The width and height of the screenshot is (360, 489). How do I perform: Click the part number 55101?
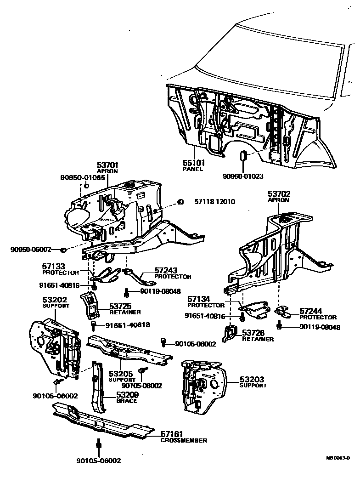[x=194, y=163]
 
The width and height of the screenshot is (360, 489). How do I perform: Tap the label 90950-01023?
[x=243, y=176]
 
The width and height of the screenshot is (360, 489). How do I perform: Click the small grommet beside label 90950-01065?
[x=86, y=186]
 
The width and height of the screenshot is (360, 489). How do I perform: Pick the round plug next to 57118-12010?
[x=181, y=201]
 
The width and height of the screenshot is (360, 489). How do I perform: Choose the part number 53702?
[x=279, y=194]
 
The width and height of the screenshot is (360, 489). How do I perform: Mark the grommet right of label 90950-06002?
[x=63, y=250]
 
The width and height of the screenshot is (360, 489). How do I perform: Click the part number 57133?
[x=54, y=266]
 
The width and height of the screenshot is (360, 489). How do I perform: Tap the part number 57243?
[x=166, y=271]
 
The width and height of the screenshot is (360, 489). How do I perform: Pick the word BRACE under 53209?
[x=127, y=401]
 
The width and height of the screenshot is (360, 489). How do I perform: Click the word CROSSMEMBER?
[x=184, y=440]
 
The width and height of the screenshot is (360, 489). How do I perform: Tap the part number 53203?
[x=252, y=380]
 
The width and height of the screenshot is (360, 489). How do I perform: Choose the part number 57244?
[x=312, y=311]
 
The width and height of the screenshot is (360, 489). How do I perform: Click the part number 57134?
[x=199, y=299]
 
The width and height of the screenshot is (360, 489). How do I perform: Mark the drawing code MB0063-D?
[x=338, y=458]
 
